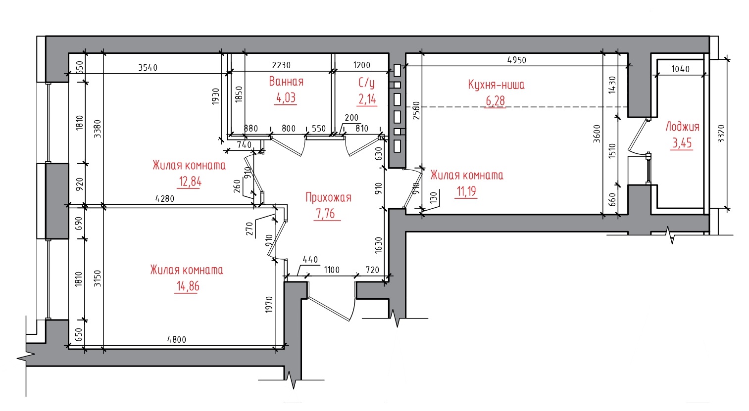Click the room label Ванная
(x=286, y=82)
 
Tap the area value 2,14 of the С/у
(x=367, y=99)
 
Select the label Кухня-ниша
(x=496, y=85)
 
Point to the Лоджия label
(x=683, y=127)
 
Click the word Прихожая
(x=328, y=197)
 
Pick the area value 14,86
(x=188, y=286)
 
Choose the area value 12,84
(x=190, y=182)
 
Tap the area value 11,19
(x=466, y=191)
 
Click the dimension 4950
(x=517, y=60)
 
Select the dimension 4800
(x=177, y=339)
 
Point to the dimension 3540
(x=148, y=67)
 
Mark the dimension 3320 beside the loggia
(x=721, y=134)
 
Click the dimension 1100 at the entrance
(x=332, y=270)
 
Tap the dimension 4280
(x=165, y=198)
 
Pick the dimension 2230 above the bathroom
(x=281, y=65)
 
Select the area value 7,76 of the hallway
(x=326, y=214)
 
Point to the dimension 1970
(x=269, y=304)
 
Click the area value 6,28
(x=495, y=101)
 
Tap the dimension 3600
(x=597, y=134)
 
